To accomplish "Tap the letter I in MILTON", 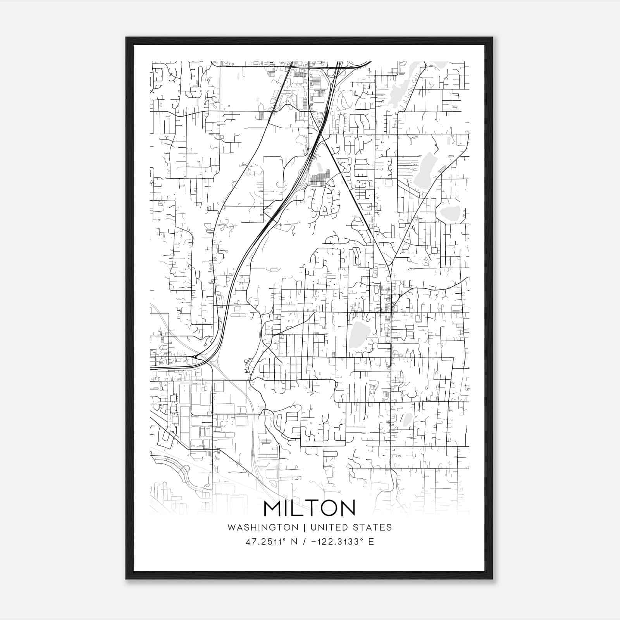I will (287, 508).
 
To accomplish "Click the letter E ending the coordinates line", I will (371, 542).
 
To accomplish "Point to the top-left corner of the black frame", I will (126, 38).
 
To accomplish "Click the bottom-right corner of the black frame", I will (492, 579).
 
